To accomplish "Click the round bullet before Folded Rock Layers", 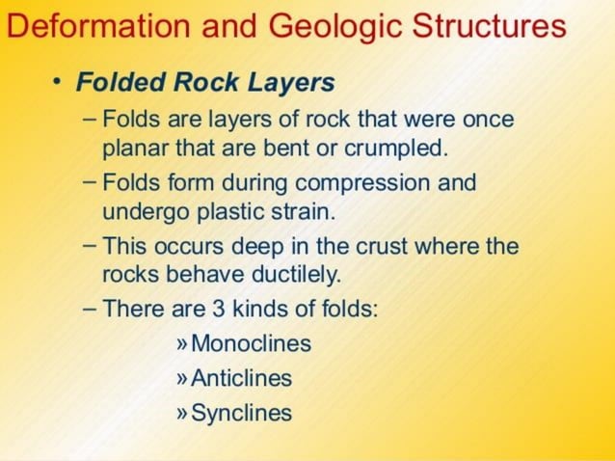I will pos(58,82).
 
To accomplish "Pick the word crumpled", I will pos(402,149).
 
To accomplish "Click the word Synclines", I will pos(241,414).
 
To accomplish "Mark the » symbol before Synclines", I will pos(183,414).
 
